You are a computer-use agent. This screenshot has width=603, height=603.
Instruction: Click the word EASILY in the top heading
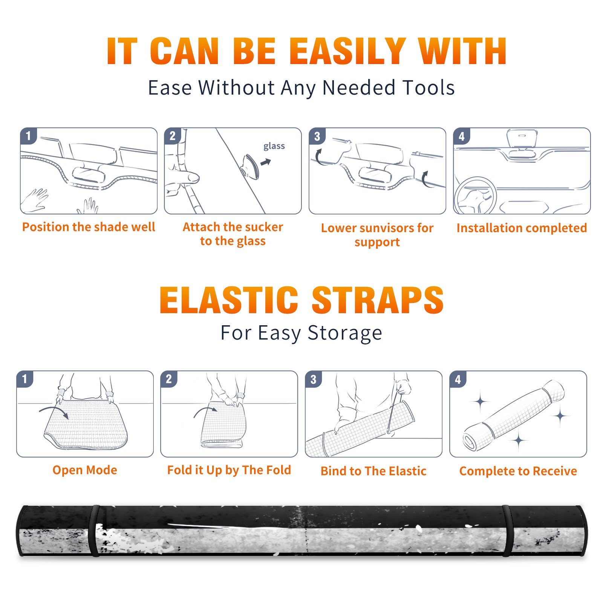point(347,51)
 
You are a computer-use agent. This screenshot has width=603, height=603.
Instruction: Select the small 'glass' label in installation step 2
point(274,146)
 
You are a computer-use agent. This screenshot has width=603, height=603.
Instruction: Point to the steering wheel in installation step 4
point(475,196)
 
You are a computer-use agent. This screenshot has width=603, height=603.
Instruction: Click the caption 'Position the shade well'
point(89,227)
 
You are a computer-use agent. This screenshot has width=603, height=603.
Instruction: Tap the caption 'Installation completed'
point(522,228)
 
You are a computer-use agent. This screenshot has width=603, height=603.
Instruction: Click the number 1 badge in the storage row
point(25,379)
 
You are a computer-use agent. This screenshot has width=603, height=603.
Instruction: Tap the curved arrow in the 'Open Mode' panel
point(54,411)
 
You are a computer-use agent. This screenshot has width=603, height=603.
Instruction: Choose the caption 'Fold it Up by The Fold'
point(229,470)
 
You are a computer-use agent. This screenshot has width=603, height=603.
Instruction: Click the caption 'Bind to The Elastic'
point(373,471)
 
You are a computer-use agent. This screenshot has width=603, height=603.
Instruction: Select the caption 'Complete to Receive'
point(518,471)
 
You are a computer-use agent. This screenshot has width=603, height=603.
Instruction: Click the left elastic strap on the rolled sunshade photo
point(94,531)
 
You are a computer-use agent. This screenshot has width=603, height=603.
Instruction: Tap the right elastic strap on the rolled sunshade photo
point(507,531)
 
